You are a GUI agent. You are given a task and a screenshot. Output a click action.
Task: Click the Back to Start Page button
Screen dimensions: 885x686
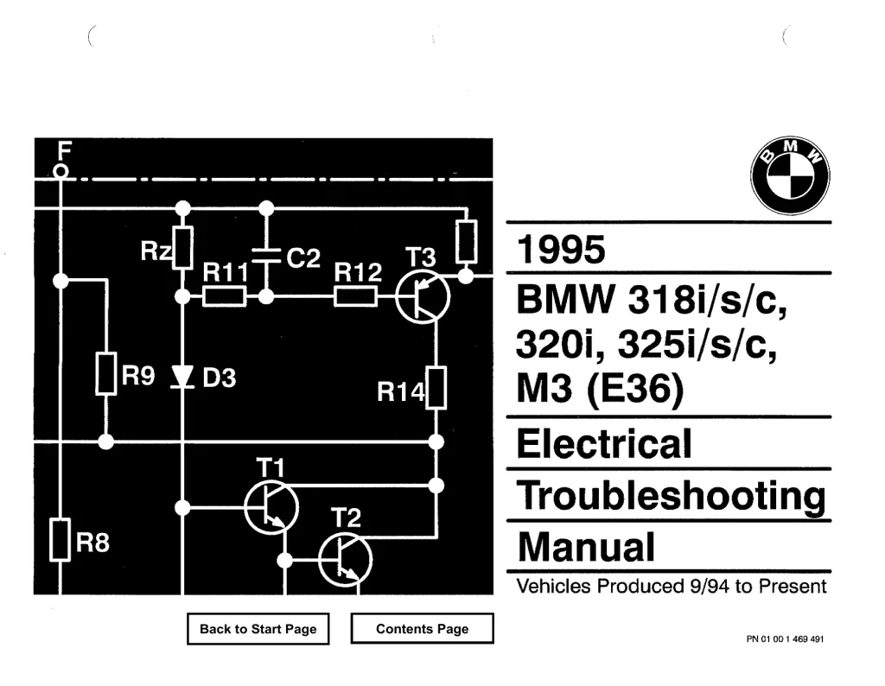(x=258, y=628)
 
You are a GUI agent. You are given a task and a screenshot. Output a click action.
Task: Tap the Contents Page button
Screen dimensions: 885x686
(x=422, y=628)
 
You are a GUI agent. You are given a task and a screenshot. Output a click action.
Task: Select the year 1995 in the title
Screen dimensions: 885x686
(x=561, y=249)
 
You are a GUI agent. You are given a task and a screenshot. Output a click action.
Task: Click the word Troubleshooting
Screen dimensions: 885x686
(x=672, y=495)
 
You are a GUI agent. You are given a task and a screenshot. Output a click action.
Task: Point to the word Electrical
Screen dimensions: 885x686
(x=604, y=443)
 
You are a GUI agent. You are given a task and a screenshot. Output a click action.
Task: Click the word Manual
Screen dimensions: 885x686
(x=587, y=547)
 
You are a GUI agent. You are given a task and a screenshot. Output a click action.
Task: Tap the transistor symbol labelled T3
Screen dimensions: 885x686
(x=423, y=296)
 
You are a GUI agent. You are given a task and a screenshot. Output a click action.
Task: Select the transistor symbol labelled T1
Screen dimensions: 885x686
(x=271, y=507)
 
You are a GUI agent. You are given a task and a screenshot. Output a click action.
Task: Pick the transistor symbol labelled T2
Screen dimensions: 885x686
(x=346, y=560)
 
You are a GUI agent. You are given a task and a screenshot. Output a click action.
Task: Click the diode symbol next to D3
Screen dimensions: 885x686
(x=182, y=377)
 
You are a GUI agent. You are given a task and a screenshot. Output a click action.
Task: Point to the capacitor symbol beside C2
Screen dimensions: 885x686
(x=266, y=255)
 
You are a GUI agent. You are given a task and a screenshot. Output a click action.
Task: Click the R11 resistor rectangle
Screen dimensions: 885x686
(x=224, y=296)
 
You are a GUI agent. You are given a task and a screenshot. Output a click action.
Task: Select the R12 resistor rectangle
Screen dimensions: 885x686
(x=355, y=296)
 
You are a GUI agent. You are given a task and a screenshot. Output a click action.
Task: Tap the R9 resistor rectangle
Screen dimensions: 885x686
(x=106, y=373)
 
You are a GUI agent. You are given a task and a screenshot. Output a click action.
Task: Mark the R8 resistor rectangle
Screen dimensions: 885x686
(x=60, y=540)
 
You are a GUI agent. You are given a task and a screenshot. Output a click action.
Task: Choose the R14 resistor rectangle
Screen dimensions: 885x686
(x=436, y=388)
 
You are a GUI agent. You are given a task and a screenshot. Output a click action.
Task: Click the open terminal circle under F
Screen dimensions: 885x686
(x=61, y=171)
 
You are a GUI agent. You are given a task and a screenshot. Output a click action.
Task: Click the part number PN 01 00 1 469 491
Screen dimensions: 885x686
(x=785, y=639)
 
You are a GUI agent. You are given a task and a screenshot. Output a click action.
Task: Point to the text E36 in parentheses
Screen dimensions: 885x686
(x=635, y=390)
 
